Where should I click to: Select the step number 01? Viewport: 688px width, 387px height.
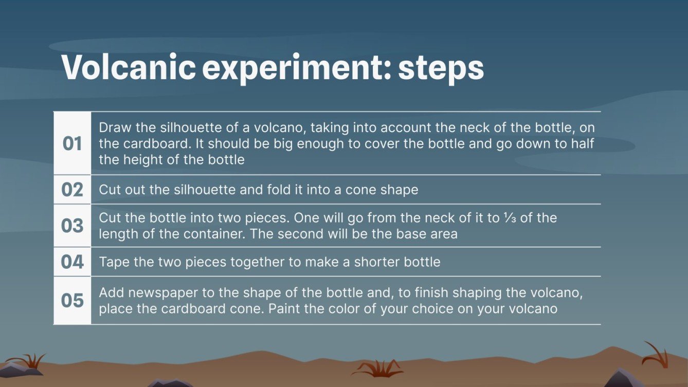pyautogui.click(x=73, y=144)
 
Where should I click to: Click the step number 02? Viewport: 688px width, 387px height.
pyautogui.click(x=73, y=190)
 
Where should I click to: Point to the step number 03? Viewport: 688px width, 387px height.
pyautogui.click(x=73, y=226)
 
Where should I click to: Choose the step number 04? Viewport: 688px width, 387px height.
pyautogui.click(x=73, y=262)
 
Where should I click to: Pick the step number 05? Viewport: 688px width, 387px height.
pyautogui.click(x=73, y=300)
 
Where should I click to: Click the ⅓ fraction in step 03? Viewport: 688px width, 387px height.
pyautogui.click(x=508, y=218)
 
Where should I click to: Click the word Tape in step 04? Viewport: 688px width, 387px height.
pyautogui.click(x=114, y=262)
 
